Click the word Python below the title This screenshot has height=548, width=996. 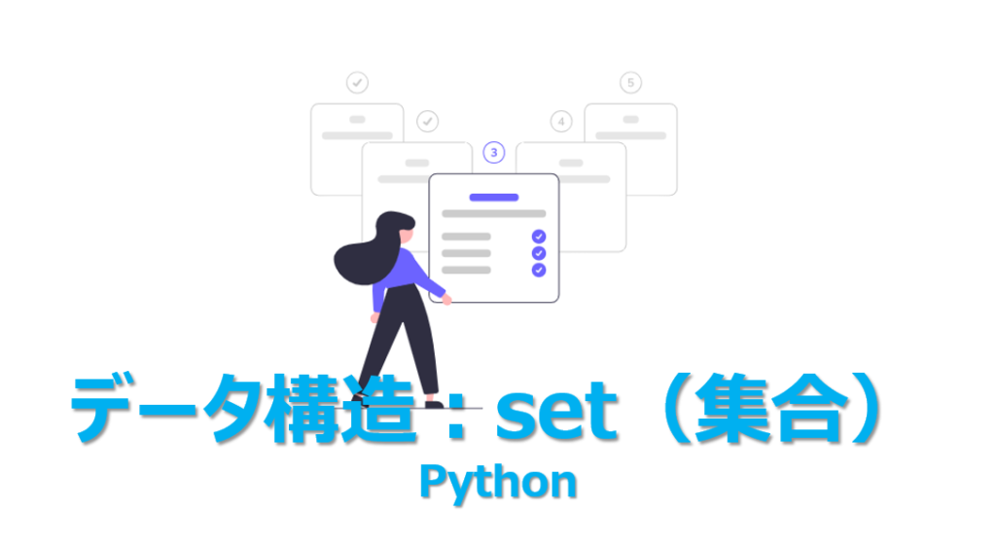(497, 482)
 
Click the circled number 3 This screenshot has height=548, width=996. (494, 153)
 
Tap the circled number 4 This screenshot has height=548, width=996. (560, 122)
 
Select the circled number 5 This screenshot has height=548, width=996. (630, 83)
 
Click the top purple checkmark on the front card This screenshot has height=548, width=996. (539, 237)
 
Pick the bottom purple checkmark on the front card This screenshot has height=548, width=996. (539, 270)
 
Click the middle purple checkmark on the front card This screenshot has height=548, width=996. (539, 253)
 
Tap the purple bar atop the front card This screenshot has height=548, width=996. (494, 197)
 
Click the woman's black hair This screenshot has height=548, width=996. (365, 253)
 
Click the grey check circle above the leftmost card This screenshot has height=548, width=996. (357, 83)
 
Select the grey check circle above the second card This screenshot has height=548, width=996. (427, 122)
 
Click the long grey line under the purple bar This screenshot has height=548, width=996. (494, 213)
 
